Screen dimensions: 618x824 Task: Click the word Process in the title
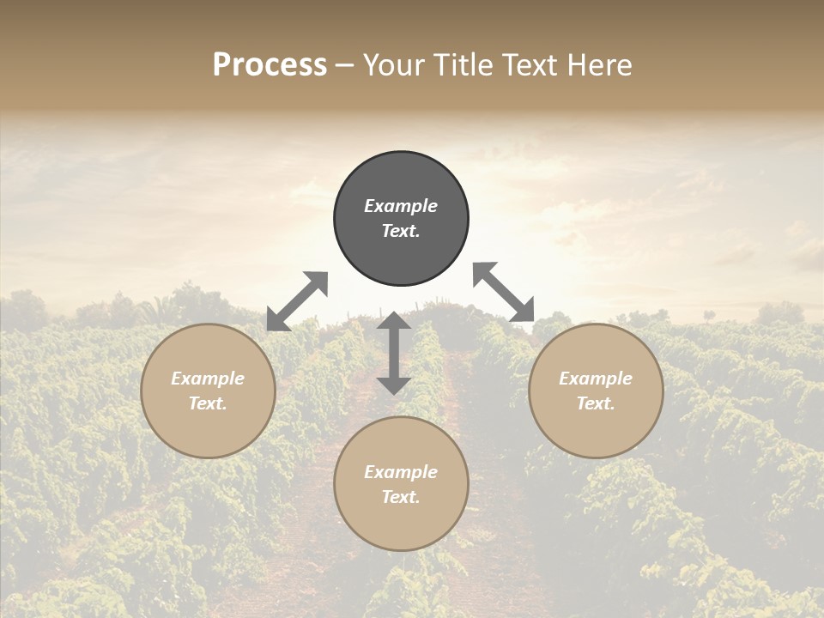[x=270, y=65]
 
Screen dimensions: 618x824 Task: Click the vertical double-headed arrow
[x=394, y=353]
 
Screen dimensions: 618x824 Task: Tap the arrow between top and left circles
[x=297, y=301]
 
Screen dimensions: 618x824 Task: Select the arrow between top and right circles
[x=504, y=292]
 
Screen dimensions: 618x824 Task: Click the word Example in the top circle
[x=401, y=206]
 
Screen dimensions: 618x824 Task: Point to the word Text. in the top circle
[x=401, y=231]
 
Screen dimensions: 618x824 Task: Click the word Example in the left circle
[x=208, y=379]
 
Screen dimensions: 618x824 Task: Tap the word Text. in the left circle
[x=208, y=403]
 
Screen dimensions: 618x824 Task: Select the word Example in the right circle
[x=596, y=379]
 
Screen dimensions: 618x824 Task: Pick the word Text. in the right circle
[x=596, y=403]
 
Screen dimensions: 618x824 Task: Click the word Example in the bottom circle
[x=401, y=472]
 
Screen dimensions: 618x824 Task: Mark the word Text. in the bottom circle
[x=401, y=497]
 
